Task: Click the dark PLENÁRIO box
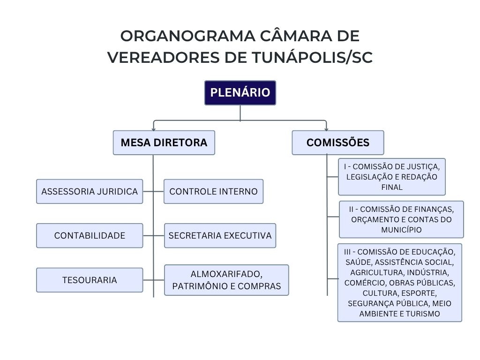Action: click(x=240, y=93)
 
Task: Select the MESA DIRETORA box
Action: click(x=164, y=142)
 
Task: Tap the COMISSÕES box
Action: click(x=337, y=142)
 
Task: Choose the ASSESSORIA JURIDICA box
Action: click(x=90, y=191)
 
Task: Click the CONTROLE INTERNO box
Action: click(x=213, y=191)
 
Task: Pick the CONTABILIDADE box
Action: click(x=90, y=235)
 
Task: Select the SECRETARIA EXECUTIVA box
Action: click(x=220, y=235)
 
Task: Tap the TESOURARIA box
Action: click(x=90, y=280)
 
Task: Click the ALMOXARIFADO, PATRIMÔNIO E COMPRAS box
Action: click(x=226, y=280)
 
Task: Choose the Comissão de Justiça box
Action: click(x=391, y=177)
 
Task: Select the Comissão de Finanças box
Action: click(x=401, y=219)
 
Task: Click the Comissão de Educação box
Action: click(x=399, y=282)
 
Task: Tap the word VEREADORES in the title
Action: click(x=155, y=57)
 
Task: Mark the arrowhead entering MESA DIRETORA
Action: click(x=153, y=129)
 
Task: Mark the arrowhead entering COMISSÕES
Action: click(x=326, y=129)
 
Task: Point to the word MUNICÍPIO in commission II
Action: click(x=401, y=230)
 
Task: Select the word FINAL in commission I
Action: click(x=392, y=187)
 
